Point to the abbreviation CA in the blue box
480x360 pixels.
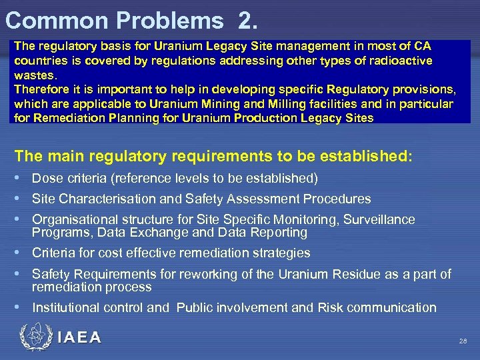pyautogui.click(x=422, y=47)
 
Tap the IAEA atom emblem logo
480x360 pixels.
pyautogui.click(x=35, y=337)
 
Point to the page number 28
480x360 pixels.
pyautogui.click(x=463, y=341)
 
